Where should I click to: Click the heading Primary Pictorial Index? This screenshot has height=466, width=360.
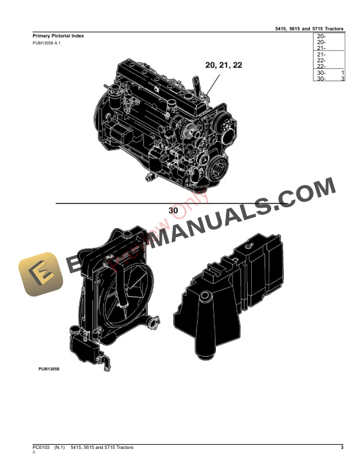click(x=58, y=36)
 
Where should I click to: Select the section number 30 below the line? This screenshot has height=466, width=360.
click(x=173, y=210)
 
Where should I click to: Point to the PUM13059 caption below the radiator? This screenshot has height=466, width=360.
click(x=49, y=370)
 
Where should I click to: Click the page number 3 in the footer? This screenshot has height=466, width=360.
click(x=342, y=448)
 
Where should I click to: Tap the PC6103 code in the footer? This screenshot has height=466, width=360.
click(x=41, y=448)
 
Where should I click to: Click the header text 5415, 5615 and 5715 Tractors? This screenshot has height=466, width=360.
click(x=309, y=28)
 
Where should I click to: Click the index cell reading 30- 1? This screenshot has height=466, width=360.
click(x=331, y=72)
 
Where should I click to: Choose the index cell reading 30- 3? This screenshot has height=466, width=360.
click(x=331, y=79)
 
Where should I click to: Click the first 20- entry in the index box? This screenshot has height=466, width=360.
click(x=322, y=36)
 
